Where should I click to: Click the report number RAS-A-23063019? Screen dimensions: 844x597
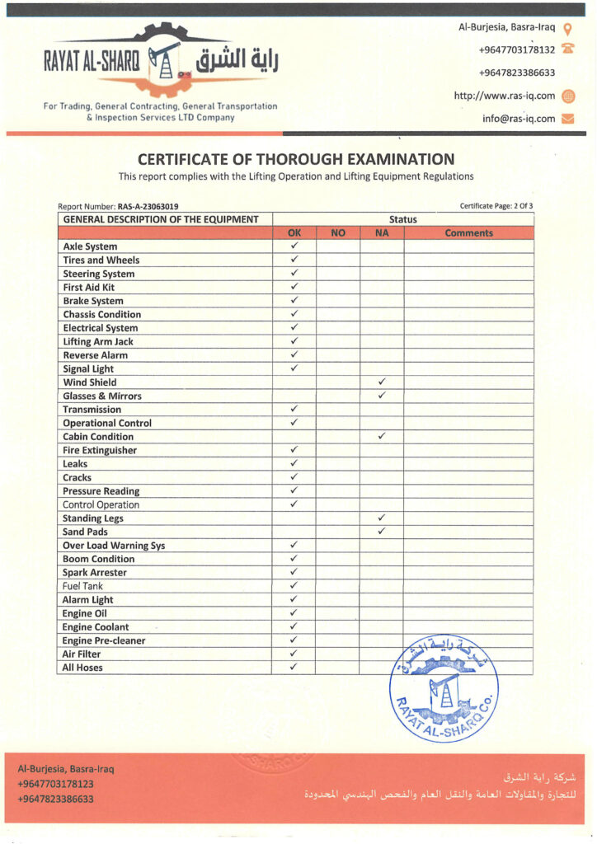click(x=148, y=206)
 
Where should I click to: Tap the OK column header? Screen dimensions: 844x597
click(x=294, y=233)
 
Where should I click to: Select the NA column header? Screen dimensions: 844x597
click(x=381, y=233)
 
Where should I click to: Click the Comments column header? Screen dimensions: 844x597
click(x=468, y=233)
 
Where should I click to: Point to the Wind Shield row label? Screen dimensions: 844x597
click(x=90, y=382)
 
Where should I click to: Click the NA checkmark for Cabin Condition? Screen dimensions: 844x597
click(x=382, y=436)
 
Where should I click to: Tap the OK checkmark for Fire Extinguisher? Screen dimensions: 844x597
click(x=294, y=450)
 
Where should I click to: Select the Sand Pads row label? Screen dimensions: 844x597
click(x=85, y=532)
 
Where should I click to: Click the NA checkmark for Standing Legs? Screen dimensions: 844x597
click(x=382, y=518)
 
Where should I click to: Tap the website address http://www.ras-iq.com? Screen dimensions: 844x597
click(x=505, y=96)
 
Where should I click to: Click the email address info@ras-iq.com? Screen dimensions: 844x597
click(x=519, y=119)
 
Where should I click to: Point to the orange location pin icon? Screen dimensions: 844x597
click(x=567, y=28)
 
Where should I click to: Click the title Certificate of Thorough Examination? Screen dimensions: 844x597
click(x=296, y=159)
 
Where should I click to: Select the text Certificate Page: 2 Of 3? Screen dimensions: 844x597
click(x=496, y=206)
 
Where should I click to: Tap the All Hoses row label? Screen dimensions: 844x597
click(x=82, y=668)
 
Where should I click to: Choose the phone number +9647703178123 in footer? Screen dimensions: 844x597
click(x=55, y=784)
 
